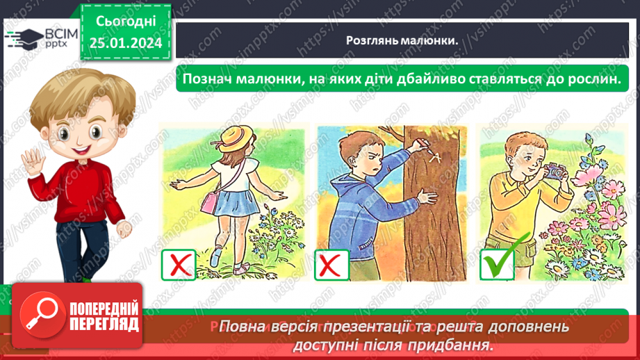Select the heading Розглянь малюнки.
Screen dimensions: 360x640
coord(402,40)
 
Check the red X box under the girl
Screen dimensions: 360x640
coord(179,264)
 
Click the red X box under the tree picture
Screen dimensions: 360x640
coord(331,264)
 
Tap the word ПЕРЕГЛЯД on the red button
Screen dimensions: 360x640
coord(104,324)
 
